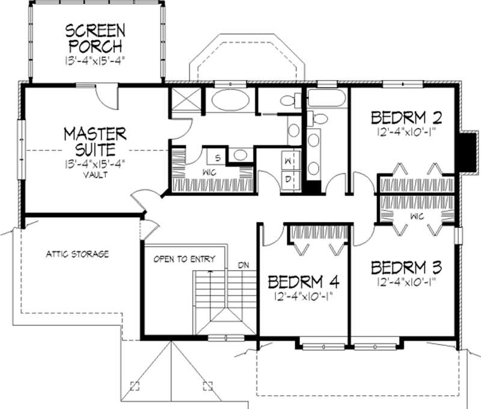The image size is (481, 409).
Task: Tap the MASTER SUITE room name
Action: [x=95, y=140]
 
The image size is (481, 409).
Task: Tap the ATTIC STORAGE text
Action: [x=77, y=254]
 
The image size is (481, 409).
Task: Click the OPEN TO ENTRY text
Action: [x=183, y=259]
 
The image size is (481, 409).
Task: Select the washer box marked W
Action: [x=289, y=161]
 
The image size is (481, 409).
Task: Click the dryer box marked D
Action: [x=289, y=179]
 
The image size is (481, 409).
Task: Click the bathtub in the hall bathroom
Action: [x=327, y=99]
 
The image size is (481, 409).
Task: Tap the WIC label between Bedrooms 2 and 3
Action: [x=416, y=214]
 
